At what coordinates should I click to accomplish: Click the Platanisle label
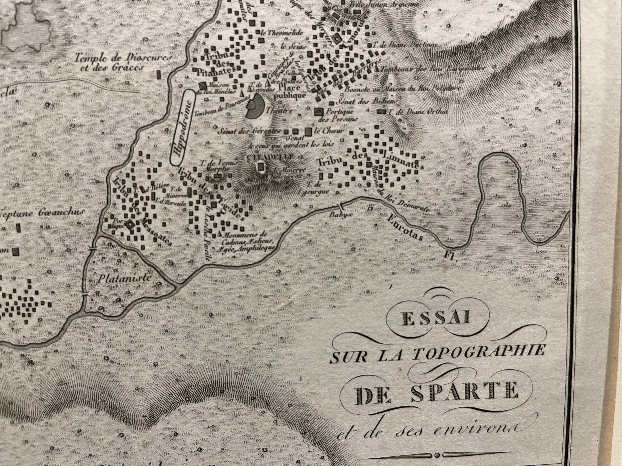(125, 278)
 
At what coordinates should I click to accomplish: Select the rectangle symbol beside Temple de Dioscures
(159, 74)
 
